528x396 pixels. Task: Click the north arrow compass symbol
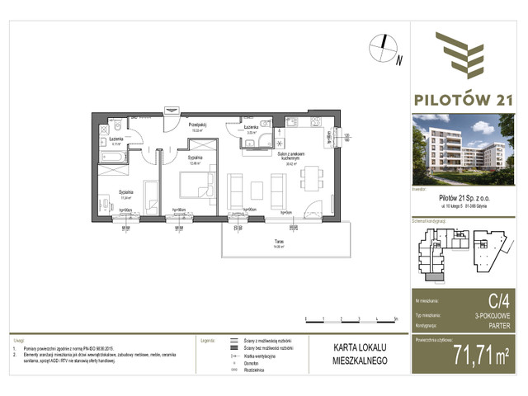click(x=382, y=48)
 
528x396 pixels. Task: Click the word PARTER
click(x=505, y=324)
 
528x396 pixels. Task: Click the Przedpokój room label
click(x=196, y=125)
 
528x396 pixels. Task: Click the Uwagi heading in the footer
click(x=17, y=339)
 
